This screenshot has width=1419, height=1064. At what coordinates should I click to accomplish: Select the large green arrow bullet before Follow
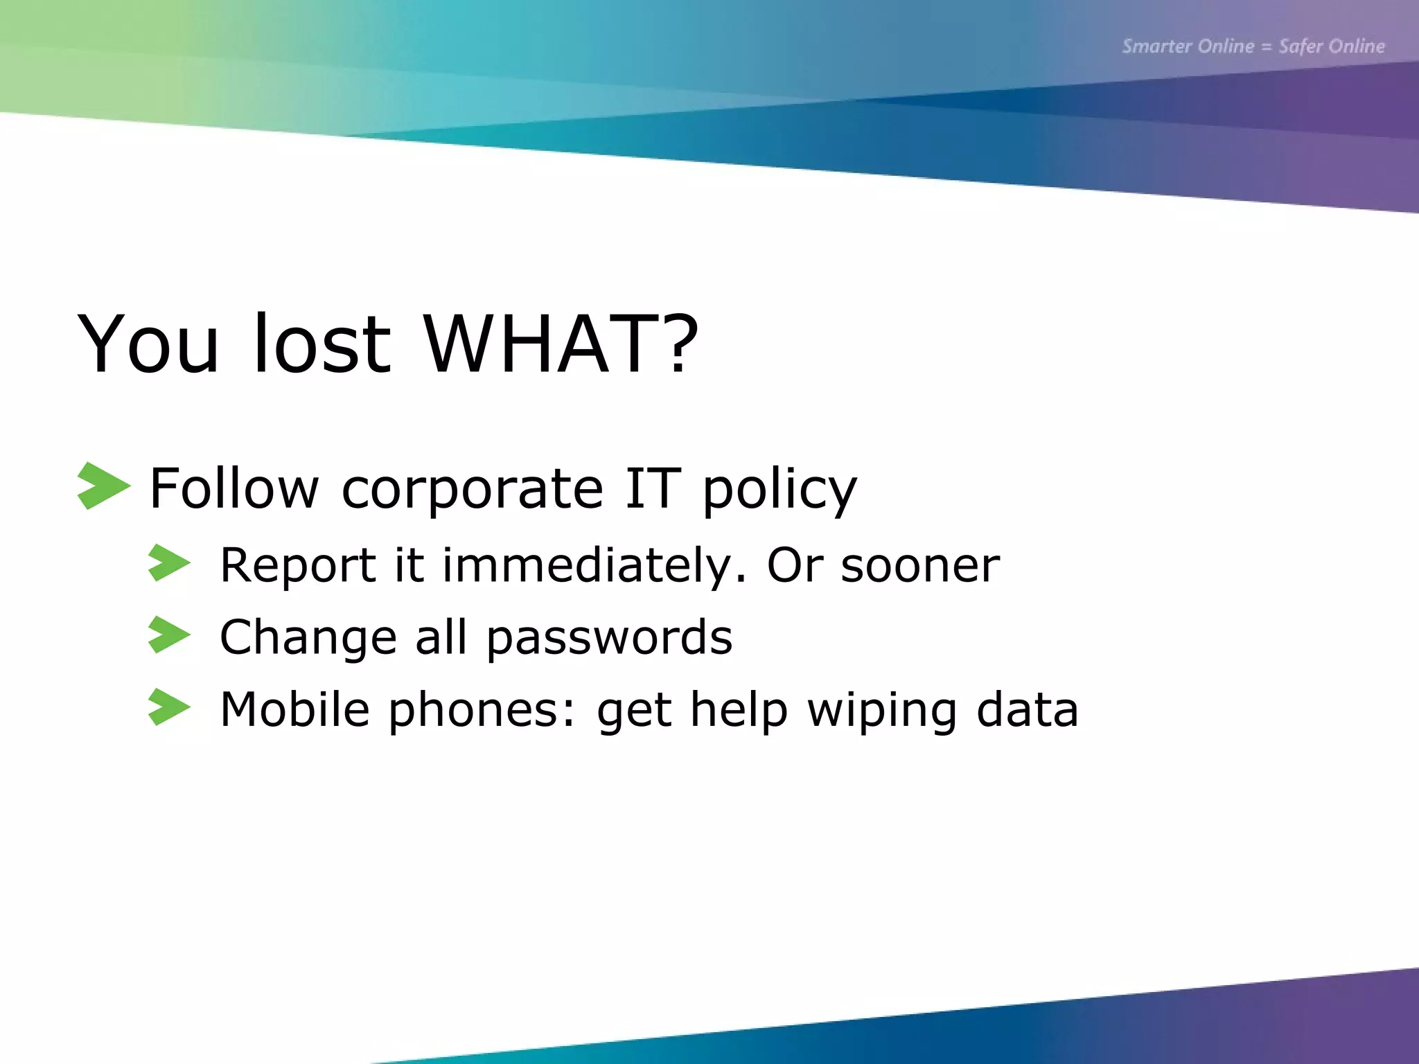coord(103,486)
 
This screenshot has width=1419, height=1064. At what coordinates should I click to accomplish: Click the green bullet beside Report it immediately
coord(168,562)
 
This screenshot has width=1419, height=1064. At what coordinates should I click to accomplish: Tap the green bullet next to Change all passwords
coord(168,635)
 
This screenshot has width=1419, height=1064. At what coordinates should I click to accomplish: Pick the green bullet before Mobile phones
coord(168,707)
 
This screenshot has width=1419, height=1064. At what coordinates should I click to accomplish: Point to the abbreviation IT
coord(653,488)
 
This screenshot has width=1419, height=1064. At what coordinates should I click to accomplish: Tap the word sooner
coord(920,567)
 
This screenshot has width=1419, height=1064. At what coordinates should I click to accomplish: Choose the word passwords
coord(609,639)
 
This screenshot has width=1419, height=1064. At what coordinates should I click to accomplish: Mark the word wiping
coord(882,711)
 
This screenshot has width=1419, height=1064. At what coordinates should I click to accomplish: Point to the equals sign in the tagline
coord(1267,47)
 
